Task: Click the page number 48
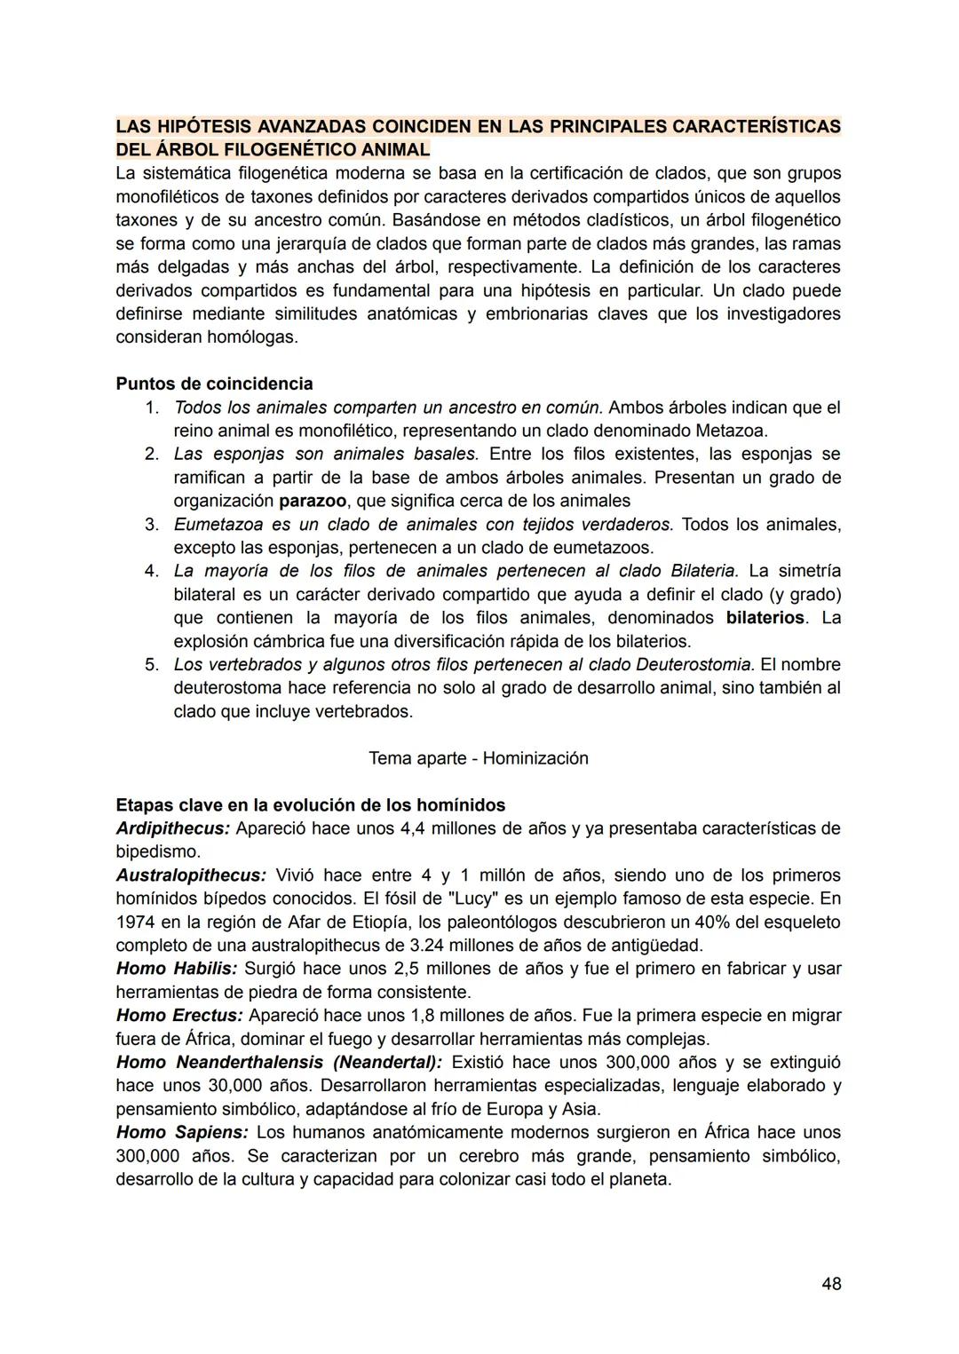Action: tap(831, 1284)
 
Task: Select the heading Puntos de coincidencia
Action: tap(214, 384)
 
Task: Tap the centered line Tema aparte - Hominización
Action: tap(478, 758)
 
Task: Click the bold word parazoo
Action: tap(313, 501)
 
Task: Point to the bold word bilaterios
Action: tap(765, 618)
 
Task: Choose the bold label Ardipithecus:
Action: tap(173, 828)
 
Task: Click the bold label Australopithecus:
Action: tap(191, 875)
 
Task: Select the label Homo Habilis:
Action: tap(177, 969)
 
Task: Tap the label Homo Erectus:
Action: tap(179, 1015)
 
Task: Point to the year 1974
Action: tap(135, 922)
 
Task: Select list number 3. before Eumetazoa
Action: tap(152, 525)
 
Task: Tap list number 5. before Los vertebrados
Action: tap(152, 665)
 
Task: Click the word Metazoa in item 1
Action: tap(734, 431)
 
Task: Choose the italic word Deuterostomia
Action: tap(695, 665)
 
